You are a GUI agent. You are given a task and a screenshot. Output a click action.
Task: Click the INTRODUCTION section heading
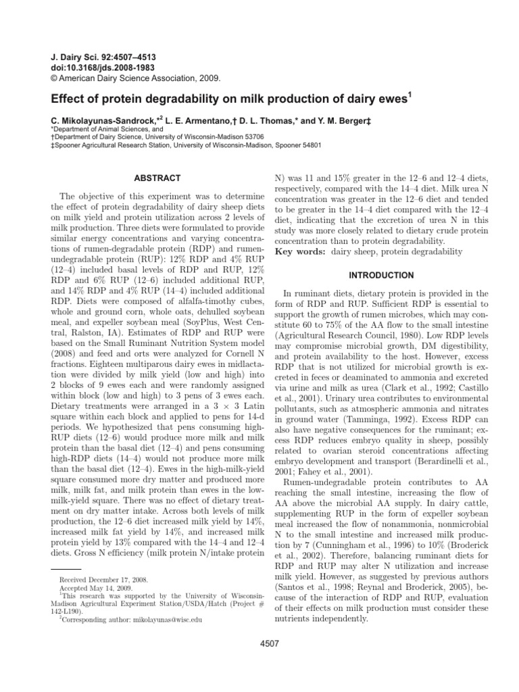(x=381, y=276)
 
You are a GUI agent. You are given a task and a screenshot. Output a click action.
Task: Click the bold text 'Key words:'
(x=299, y=252)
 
